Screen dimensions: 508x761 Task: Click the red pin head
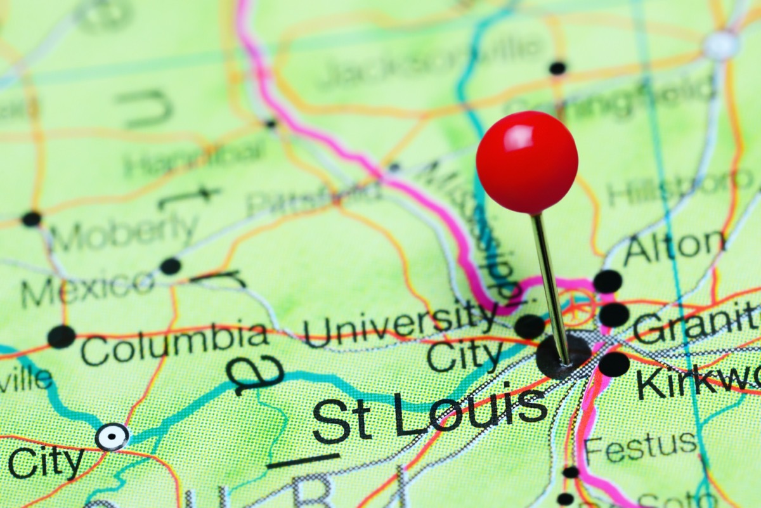coord(526,162)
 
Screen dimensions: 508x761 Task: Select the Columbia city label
coord(174,344)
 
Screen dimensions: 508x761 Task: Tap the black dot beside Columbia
coord(61,336)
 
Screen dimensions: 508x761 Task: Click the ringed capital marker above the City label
coord(112,437)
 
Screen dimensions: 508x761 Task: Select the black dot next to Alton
coord(608,281)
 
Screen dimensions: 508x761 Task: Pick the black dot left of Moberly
coord(31,219)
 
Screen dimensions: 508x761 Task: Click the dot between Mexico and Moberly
coord(170,266)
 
